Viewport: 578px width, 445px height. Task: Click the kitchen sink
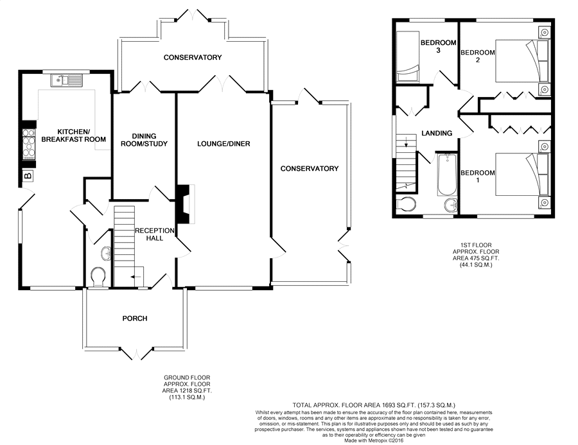click(67, 80)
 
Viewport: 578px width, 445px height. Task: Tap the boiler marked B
click(28, 175)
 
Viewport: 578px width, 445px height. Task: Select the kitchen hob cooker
click(29, 144)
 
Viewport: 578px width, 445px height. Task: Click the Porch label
click(135, 318)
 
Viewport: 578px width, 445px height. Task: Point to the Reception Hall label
click(154, 234)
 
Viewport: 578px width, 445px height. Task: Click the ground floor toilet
click(98, 277)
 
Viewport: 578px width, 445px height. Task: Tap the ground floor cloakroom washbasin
click(106, 253)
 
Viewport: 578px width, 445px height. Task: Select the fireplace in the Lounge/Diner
click(186, 204)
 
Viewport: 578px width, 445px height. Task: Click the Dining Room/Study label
click(144, 140)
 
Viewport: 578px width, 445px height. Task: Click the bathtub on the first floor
click(447, 175)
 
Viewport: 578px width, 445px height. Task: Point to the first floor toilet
click(406, 204)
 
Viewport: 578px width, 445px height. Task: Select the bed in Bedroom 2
click(521, 60)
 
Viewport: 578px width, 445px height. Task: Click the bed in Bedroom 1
click(521, 175)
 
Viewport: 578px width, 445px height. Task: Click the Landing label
click(437, 133)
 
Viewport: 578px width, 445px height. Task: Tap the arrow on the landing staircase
click(406, 141)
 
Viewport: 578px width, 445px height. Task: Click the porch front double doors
click(136, 353)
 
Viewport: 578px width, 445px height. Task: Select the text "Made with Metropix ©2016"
click(374, 441)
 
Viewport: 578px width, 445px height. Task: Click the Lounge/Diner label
click(223, 144)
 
